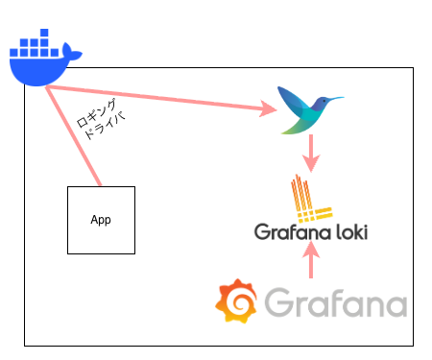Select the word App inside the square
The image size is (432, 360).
[x=101, y=220]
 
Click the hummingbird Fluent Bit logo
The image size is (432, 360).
[x=305, y=108]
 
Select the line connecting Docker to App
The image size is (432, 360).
[x=75, y=135]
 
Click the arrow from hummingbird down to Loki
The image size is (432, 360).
[x=311, y=152]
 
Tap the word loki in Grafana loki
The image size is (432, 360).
[x=345, y=231]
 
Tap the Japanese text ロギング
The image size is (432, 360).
[x=97, y=113]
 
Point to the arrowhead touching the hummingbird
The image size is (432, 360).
[x=268, y=110]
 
